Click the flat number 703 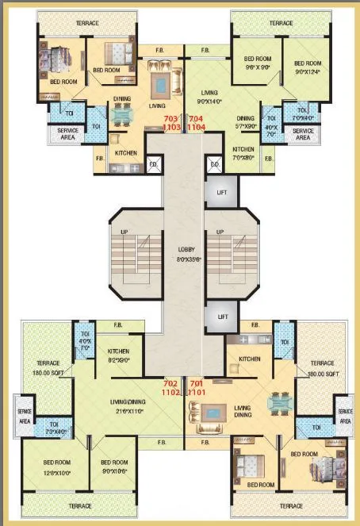(x=170, y=118)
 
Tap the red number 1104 (x=197, y=126)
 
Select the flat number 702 (x=170, y=382)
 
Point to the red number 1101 (x=197, y=391)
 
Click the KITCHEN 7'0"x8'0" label (x=243, y=153)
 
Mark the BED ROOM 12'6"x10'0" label (x=48, y=468)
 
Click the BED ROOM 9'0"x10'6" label (x=113, y=468)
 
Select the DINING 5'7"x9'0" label (x=246, y=122)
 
